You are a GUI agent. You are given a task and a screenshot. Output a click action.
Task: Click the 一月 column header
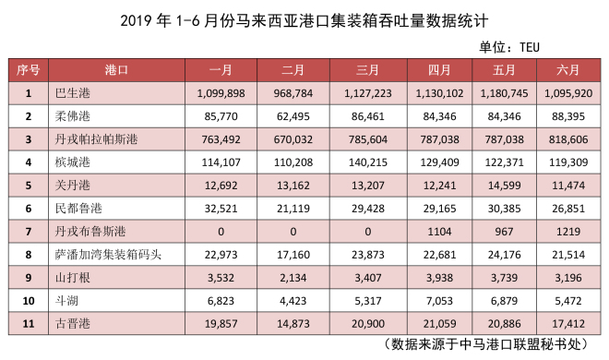click(221, 70)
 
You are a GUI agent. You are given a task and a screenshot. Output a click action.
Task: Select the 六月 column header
click(568, 70)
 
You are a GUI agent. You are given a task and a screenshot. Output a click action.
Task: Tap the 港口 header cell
click(116, 70)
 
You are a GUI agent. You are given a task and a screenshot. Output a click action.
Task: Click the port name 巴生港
click(73, 93)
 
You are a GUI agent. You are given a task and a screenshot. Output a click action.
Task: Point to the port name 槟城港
click(73, 162)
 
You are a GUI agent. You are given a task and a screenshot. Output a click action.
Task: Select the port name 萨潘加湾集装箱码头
click(108, 255)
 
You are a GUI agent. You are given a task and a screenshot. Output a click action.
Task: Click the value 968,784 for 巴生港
click(293, 93)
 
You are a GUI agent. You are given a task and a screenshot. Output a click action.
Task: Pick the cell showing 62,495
click(293, 116)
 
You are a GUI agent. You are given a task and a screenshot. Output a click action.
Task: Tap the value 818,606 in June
click(568, 139)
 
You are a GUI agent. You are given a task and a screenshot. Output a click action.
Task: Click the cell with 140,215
click(368, 162)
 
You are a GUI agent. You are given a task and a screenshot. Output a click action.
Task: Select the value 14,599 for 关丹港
click(504, 186)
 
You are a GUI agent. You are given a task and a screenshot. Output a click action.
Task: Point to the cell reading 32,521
click(221, 209)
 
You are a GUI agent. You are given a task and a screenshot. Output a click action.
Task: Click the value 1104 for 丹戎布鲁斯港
click(439, 232)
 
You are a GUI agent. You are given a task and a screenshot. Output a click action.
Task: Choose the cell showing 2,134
click(293, 278)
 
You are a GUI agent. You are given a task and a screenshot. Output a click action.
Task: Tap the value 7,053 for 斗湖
click(439, 301)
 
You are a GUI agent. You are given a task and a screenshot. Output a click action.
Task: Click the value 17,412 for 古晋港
click(568, 324)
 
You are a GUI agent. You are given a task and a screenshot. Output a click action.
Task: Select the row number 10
click(29, 301)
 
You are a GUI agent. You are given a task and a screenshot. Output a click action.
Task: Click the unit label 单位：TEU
click(509, 47)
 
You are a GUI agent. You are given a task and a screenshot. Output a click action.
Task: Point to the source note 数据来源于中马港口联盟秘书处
click(486, 343)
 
